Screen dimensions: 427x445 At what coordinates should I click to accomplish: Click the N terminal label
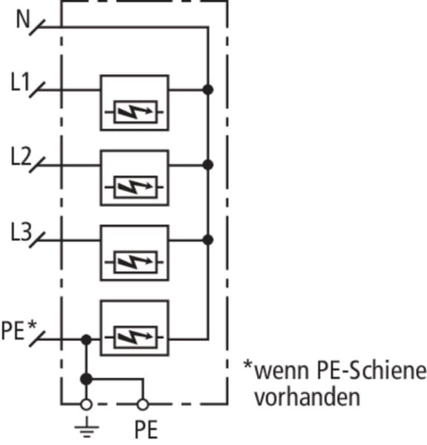click(23, 19)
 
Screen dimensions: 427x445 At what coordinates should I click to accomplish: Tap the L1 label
click(20, 82)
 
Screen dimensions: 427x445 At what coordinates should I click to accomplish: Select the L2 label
click(21, 156)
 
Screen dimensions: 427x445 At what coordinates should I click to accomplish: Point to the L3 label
click(21, 231)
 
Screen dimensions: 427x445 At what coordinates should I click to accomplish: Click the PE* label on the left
click(19, 330)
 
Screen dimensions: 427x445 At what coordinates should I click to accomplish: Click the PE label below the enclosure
click(146, 430)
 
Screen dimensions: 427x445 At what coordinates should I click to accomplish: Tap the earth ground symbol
click(87, 426)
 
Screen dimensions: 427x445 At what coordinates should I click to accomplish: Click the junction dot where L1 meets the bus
click(208, 90)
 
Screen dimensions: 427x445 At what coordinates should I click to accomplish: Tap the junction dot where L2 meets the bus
click(208, 165)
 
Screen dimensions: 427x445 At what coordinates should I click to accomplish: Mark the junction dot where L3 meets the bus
click(208, 240)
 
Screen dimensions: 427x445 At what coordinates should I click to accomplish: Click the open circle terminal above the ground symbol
click(86, 404)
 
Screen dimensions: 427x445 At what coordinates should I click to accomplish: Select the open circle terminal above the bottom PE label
click(143, 404)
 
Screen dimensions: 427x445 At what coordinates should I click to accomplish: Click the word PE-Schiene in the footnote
click(371, 370)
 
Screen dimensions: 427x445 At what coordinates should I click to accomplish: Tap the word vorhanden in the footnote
click(307, 397)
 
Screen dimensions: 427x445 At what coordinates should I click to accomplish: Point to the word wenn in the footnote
click(281, 372)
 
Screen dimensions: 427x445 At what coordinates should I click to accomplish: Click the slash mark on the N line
click(37, 27)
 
